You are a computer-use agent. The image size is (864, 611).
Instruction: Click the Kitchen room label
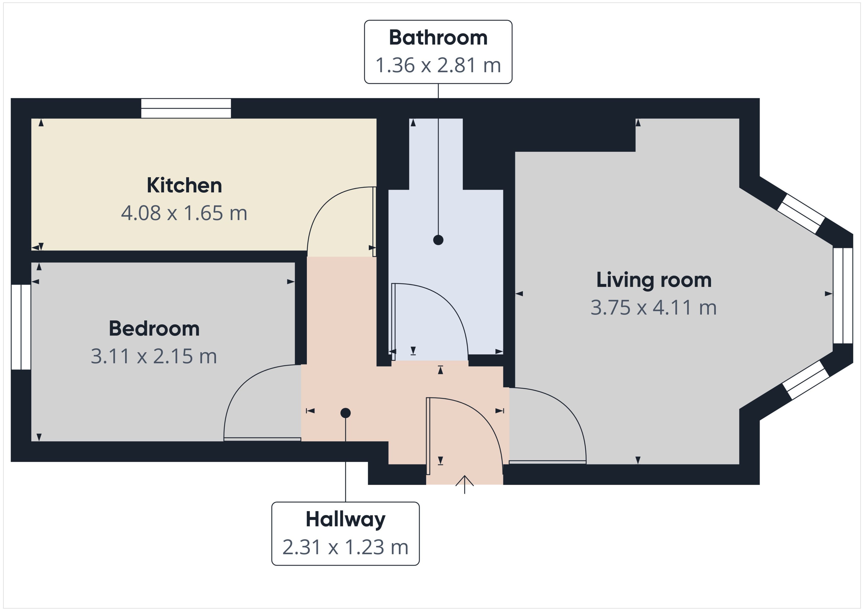(x=184, y=185)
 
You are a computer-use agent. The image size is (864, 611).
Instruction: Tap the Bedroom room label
(x=154, y=329)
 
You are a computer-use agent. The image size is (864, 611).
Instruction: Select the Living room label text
(x=653, y=280)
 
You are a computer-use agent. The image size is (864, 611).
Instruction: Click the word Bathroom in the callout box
(x=438, y=38)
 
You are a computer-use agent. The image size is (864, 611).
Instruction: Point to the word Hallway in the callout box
(x=345, y=519)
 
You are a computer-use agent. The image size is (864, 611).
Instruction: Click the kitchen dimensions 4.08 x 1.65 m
(x=184, y=213)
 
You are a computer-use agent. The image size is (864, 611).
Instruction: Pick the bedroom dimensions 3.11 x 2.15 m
(x=154, y=356)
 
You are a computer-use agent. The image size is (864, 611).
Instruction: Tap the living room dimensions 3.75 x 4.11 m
(x=653, y=307)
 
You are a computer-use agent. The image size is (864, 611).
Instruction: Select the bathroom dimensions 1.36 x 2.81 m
(x=438, y=65)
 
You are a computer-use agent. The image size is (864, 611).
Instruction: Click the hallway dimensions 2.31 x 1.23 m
(x=345, y=547)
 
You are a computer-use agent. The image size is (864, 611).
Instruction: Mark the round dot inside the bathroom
(x=438, y=240)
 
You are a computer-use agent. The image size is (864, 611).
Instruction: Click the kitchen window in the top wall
(x=186, y=108)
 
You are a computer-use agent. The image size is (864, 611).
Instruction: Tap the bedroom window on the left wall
(x=21, y=327)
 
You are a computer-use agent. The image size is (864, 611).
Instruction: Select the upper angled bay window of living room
(x=801, y=214)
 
